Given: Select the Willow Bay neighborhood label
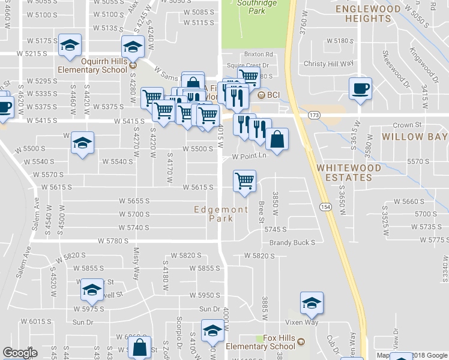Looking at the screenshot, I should (415, 137).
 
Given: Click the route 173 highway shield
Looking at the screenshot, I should (313, 114).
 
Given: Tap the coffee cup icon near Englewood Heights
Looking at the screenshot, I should (360, 89).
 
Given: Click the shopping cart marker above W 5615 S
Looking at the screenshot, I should (244, 181).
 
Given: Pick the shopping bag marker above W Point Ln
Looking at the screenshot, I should (276, 140).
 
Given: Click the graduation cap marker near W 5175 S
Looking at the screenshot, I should (70, 46).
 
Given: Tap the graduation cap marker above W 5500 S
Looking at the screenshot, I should (82, 143).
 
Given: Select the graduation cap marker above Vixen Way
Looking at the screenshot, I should (312, 303).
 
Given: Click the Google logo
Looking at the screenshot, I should (20, 353).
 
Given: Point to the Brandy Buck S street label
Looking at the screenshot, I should (292, 242).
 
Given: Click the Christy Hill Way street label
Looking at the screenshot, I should (329, 64).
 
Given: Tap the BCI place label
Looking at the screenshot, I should (274, 95).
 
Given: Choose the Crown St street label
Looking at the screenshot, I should (404, 125).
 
